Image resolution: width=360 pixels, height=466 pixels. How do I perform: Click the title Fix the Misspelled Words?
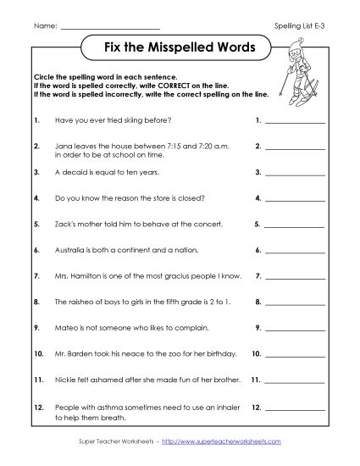coord(179,48)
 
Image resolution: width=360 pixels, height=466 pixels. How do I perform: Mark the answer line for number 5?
coord(296,226)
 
